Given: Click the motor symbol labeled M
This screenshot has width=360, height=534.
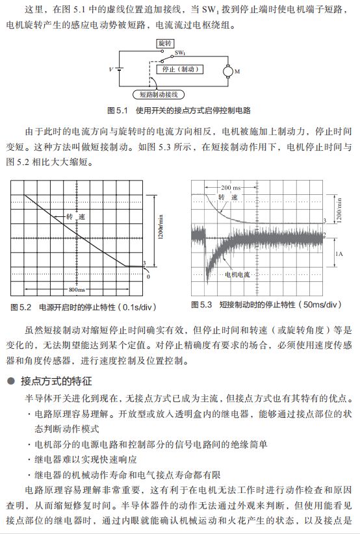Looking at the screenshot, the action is pos(228,70).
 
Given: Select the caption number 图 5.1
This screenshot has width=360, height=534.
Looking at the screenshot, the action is pos(119,110).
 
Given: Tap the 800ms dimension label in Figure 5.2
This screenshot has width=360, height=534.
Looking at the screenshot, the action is pos(80,289).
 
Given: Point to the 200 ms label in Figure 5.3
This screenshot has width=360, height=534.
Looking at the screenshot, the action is pos(230,186).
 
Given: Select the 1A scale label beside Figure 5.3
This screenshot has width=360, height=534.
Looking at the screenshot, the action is pos(339,254).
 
